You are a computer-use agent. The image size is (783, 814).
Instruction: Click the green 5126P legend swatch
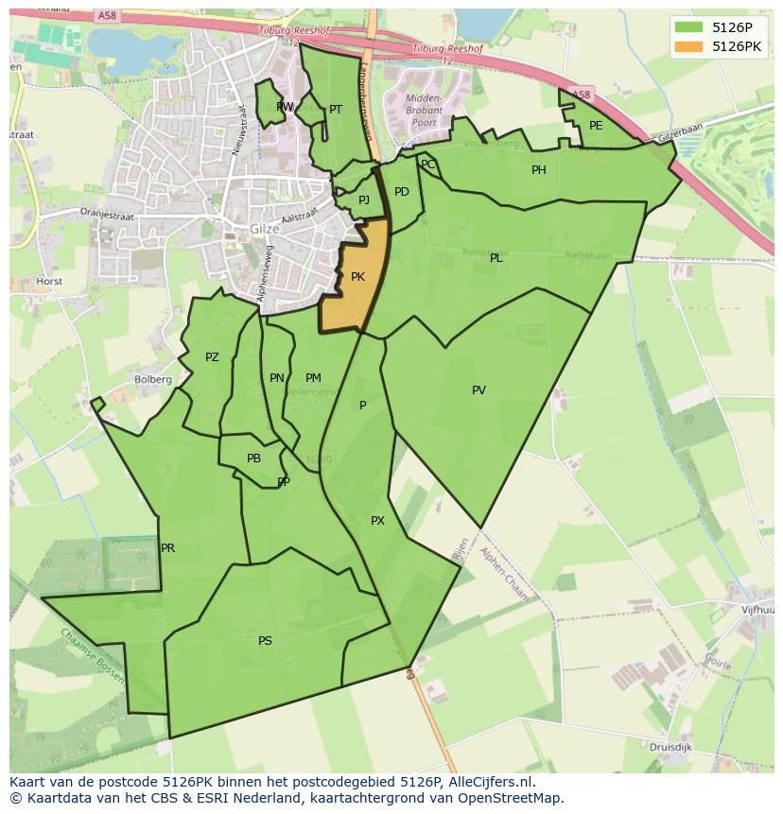(x=688, y=26)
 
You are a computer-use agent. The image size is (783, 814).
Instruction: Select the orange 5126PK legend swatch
(x=688, y=46)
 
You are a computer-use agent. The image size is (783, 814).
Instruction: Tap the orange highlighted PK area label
(x=357, y=277)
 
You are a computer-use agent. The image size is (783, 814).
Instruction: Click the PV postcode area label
(x=478, y=390)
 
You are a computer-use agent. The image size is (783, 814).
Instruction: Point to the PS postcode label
(x=265, y=641)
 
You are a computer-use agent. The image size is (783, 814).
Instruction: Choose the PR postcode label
(x=167, y=548)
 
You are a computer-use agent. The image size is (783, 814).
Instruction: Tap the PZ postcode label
(x=212, y=357)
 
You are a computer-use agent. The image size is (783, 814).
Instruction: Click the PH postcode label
(x=538, y=170)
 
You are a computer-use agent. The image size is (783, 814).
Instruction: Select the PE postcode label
(x=596, y=126)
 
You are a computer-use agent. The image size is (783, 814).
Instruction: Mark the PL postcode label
(x=496, y=258)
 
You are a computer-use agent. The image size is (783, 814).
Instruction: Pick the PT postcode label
(x=336, y=110)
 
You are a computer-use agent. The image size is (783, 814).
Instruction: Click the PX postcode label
(x=377, y=521)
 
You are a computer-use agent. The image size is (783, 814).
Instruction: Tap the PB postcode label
(x=253, y=459)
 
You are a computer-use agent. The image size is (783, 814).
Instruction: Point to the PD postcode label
(x=402, y=192)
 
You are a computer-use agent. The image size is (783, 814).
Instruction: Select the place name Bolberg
(x=153, y=380)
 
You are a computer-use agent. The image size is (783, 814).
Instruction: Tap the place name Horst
(x=49, y=282)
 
